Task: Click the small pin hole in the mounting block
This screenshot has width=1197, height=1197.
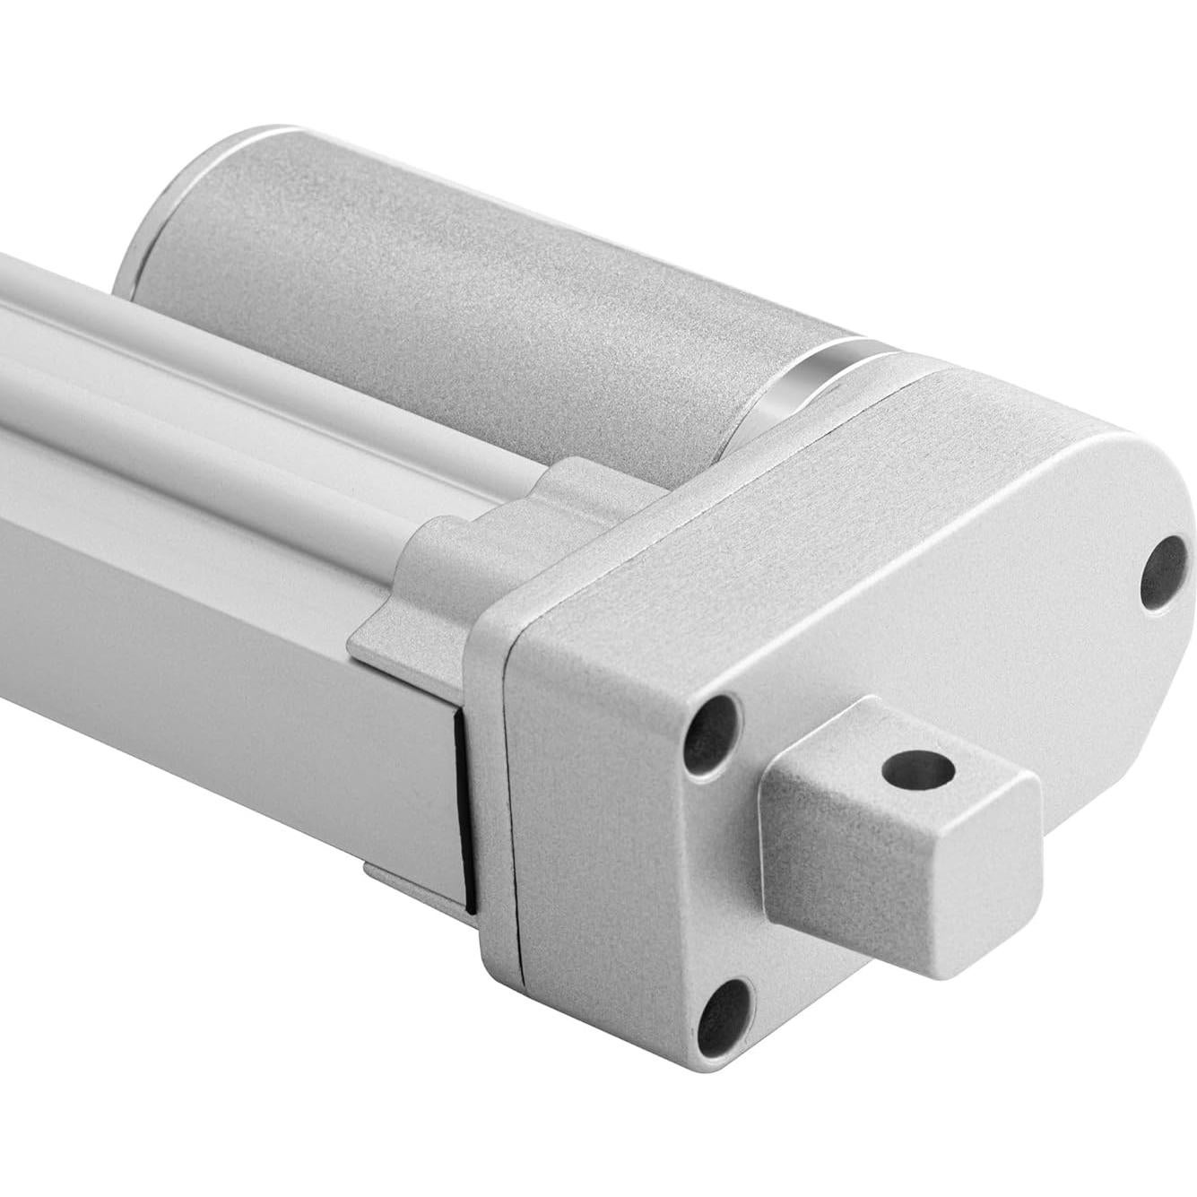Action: pos(916,768)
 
